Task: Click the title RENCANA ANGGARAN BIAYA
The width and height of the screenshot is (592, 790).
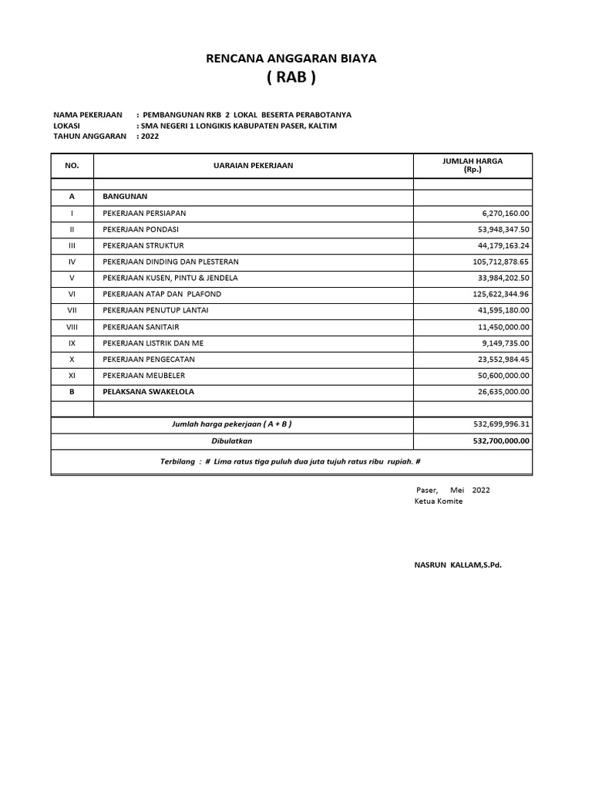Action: pos(291,59)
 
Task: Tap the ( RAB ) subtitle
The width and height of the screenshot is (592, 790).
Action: pos(291,78)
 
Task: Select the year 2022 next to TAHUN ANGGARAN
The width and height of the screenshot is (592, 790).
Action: pos(149,136)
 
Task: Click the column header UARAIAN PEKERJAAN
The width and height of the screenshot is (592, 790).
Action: pos(253,165)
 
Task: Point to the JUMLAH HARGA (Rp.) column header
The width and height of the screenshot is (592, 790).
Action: pos(472,165)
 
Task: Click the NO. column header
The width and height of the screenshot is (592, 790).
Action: pos(72,165)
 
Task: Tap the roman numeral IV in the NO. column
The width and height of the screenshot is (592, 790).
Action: pos(72,262)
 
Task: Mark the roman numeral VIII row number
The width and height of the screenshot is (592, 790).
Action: pos(72,326)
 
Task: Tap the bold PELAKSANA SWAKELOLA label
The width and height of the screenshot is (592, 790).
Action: pos(148,391)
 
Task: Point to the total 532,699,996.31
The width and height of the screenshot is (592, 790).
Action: pos(500,424)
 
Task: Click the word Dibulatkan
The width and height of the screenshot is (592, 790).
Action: pos(232,441)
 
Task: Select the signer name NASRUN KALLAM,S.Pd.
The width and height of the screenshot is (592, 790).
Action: pos(458,565)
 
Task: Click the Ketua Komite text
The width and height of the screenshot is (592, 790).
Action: pos(438,501)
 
